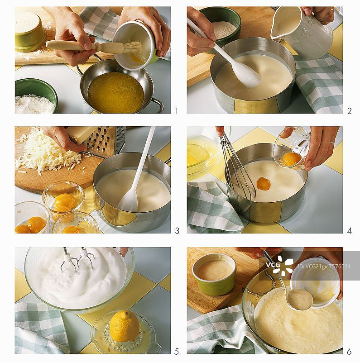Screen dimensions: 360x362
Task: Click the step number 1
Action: click(x=177, y=111)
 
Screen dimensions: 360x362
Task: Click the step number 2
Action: click(x=350, y=111)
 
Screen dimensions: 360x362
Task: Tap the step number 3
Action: click(x=177, y=231)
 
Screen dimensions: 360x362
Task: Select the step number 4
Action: click(x=350, y=231)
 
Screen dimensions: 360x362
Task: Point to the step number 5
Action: click(x=177, y=352)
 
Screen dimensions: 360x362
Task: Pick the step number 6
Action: click(x=349, y=352)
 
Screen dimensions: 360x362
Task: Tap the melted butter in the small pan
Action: click(x=115, y=92)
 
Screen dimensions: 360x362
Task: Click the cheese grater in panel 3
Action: click(x=102, y=141)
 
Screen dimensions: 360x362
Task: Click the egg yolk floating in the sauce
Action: click(x=264, y=184)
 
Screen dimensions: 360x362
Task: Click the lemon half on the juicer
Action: click(x=124, y=326)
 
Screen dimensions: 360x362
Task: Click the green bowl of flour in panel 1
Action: click(x=35, y=96)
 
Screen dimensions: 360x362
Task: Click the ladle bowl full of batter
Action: click(x=299, y=300)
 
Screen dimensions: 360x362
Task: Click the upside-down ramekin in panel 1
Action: click(x=29, y=32)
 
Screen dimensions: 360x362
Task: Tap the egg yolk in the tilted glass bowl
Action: click(x=292, y=159)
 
